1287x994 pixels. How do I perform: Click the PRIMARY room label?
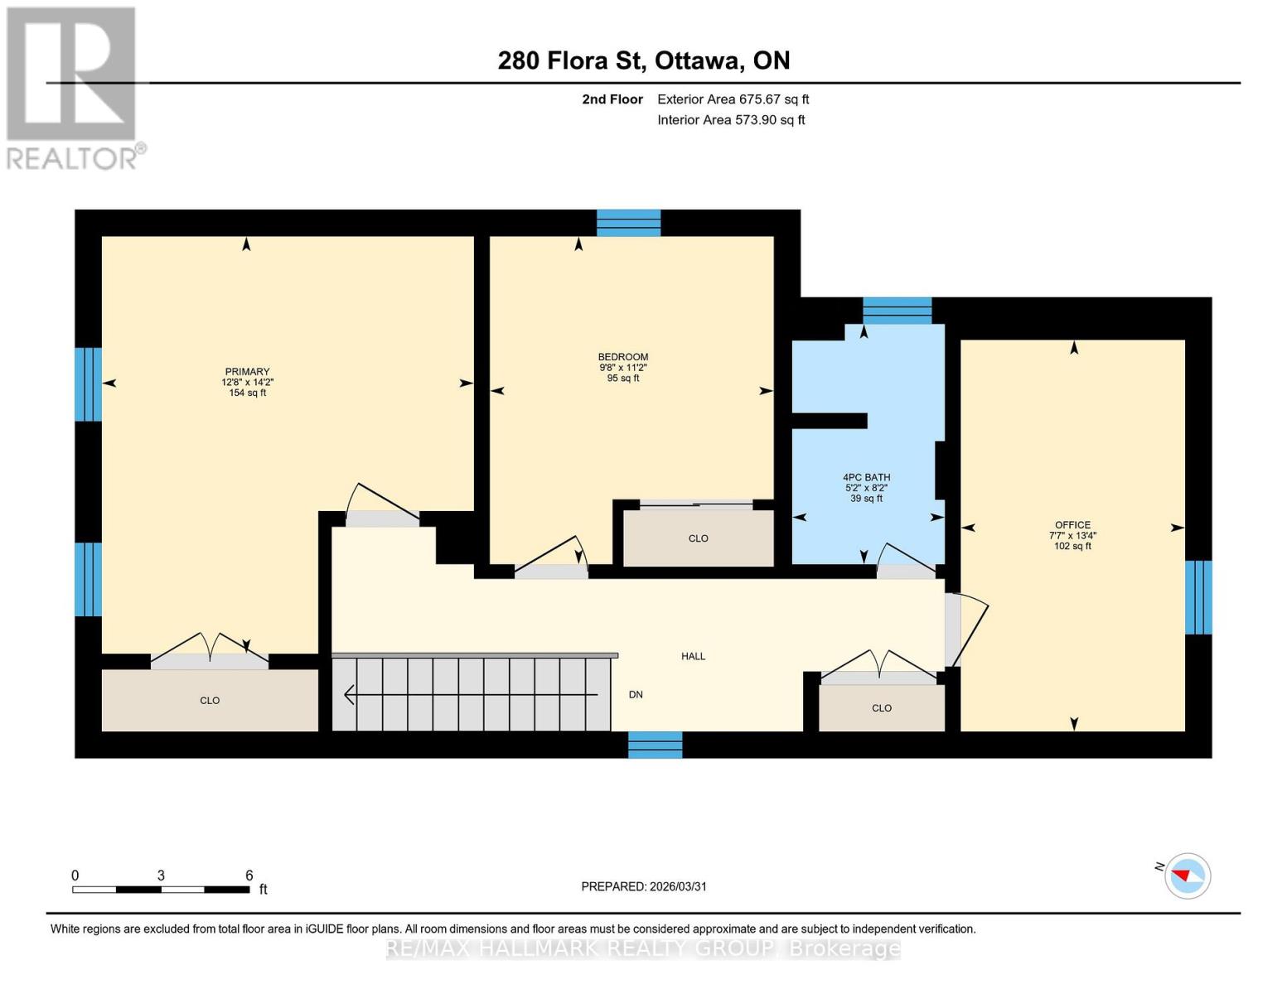coord(247,372)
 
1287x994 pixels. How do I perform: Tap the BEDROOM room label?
coord(622,357)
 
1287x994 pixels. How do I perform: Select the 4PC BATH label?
coord(866,477)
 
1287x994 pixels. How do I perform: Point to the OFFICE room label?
coord(1072,525)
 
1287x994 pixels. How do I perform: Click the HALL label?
coord(693,656)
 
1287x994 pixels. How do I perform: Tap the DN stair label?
coord(636,695)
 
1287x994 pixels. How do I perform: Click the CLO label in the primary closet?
coord(210,701)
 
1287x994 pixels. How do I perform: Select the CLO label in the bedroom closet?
coord(698,538)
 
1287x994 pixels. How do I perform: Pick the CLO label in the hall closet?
coord(881,708)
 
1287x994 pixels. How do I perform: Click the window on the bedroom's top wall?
coord(629,223)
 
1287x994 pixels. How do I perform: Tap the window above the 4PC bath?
coord(897,311)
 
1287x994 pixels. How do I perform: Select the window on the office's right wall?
coord(1198,597)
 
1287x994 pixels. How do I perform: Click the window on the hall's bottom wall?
coord(655,745)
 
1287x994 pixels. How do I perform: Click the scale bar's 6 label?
coord(249,876)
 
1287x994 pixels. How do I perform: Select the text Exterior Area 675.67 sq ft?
coord(733,99)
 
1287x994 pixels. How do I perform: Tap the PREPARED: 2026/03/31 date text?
coord(643,886)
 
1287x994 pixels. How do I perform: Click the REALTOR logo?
coord(73,87)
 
